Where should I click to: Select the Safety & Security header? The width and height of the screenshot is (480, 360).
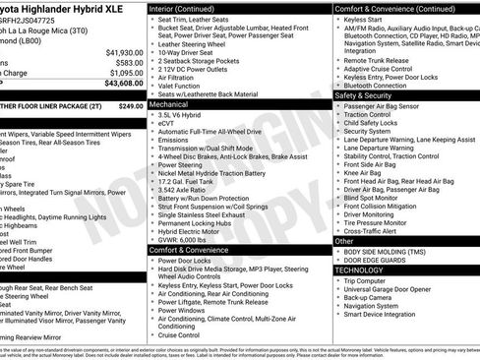pyautogui.click(x=363, y=95)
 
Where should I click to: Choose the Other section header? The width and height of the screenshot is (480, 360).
pyautogui.click(x=344, y=240)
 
